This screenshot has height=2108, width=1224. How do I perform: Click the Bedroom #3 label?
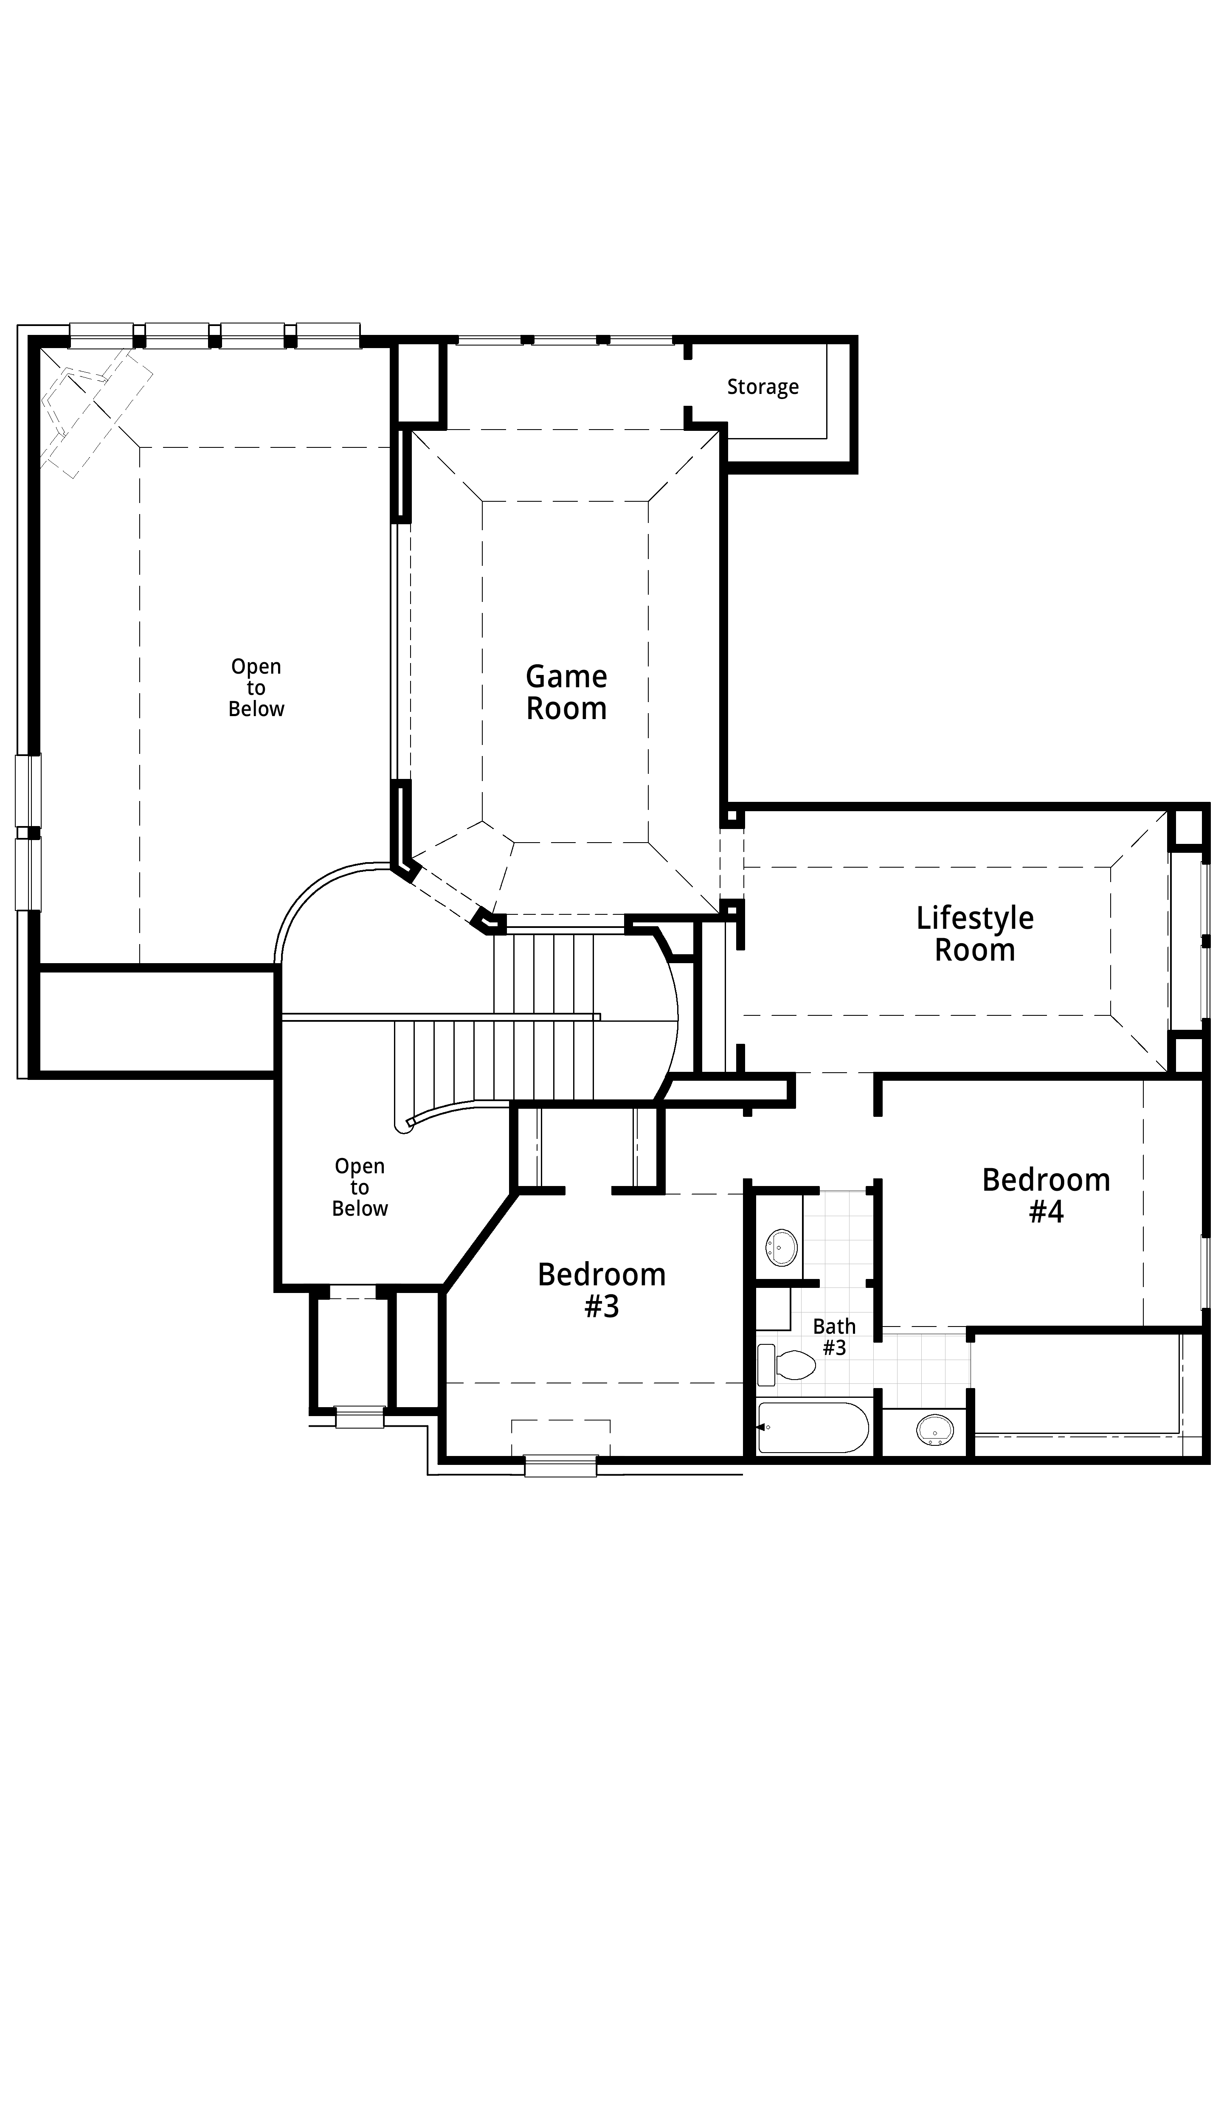(x=602, y=1290)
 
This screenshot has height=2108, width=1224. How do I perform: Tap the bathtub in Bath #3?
(x=813, y=1427)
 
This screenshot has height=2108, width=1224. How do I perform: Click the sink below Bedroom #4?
(x=934, y=1431)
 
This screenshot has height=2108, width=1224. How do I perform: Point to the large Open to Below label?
(x=256, y=688)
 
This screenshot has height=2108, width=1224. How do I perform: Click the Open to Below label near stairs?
(x=360, y=1187)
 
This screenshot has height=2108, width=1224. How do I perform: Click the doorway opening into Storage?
(x=688, y=383)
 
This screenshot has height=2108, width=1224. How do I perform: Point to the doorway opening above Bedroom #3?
(x=588, y=1190)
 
